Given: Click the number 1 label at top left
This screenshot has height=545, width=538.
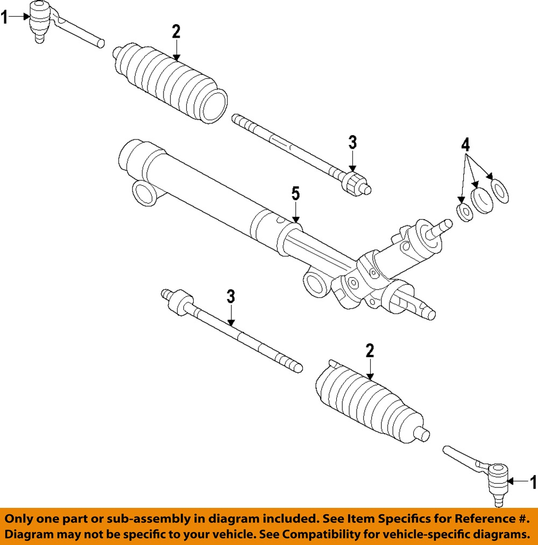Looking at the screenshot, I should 4,17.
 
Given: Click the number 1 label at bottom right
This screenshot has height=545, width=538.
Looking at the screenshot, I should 533,482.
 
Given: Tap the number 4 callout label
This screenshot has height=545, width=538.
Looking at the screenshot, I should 465,144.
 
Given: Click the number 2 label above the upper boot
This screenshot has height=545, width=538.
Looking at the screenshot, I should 176,32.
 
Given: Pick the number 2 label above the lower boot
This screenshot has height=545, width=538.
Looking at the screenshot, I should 370,351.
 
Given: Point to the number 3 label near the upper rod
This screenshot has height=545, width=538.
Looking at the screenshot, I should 352,143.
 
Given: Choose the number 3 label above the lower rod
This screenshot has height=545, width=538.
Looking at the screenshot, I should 231,296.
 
